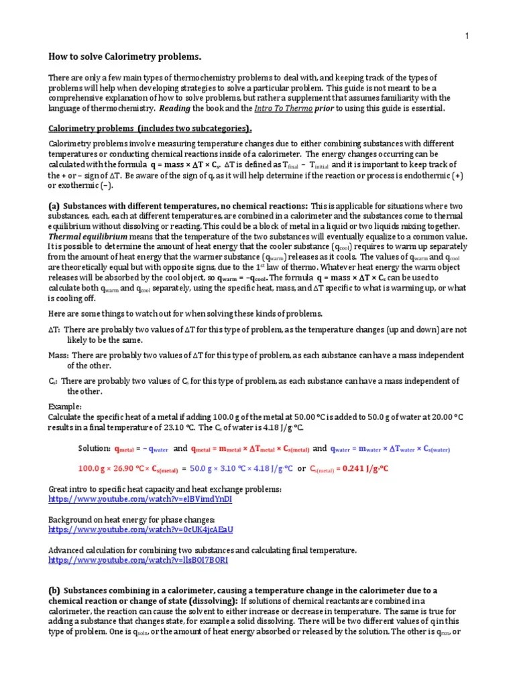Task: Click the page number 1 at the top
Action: [x=467, y=36]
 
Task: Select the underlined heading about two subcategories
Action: [x=151, y=128]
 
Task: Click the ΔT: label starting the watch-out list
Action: [x=54, y=329]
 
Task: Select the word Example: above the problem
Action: [x=65, y=407]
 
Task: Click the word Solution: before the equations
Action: [x=94, y=448]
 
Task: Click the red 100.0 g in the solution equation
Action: [x=93, y=469]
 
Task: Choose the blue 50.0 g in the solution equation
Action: [x=205, y=469]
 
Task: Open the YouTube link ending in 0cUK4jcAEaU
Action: [x=141, y=529]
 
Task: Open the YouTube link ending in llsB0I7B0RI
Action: [x=138, y=560]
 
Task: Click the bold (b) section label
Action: [x=54, y=590]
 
